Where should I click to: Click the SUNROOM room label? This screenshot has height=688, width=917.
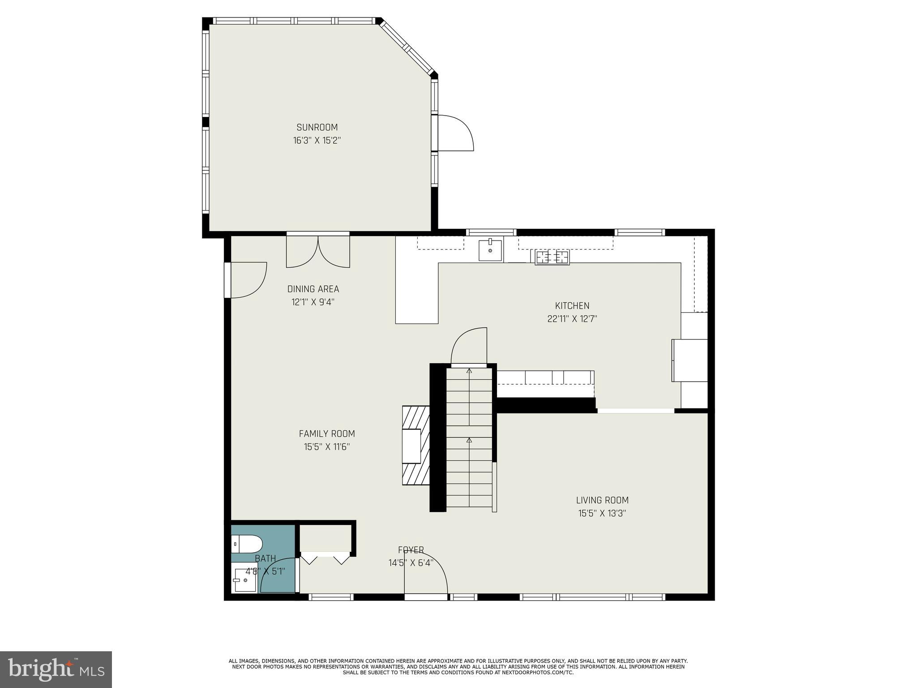coord(317,127)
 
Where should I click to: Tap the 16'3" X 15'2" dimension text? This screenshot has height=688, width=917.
coord(317,141)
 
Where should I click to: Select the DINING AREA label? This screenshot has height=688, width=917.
coord(313,289)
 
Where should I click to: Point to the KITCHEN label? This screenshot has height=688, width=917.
coord(572,306)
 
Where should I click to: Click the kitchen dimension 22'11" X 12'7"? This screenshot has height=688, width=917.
coord(572,319)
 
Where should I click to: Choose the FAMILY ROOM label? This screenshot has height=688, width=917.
coord(327,434)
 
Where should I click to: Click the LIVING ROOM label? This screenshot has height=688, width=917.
coord(602,500)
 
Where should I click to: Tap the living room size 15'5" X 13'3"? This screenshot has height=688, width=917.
coord(602,513)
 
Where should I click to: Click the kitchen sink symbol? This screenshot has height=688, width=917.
coord(490,250)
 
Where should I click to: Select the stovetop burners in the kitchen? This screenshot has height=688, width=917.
coord(552,257)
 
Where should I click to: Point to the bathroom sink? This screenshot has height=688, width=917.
coord(244,580)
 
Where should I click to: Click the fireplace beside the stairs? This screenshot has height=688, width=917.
coord(416,446)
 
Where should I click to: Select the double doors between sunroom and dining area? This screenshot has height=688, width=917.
coord(318,251)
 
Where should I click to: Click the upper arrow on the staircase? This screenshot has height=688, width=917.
coord(469,371)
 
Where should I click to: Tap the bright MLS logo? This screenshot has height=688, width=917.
coord(56,669)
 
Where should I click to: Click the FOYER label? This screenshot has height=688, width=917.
coord(411,550)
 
